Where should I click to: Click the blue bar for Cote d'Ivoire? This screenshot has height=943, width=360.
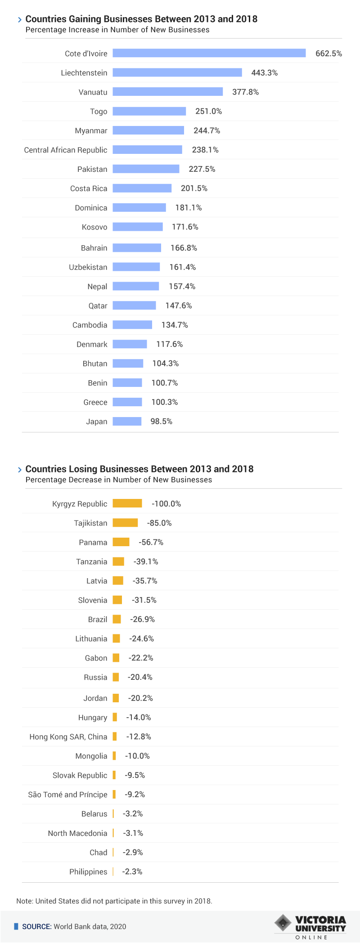pyautogui.click(x=209, y=53)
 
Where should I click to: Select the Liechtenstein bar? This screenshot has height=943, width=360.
pyautogui.click(x=177, y=72)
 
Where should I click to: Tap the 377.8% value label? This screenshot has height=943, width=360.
pyautogui.click(x=245, y=92)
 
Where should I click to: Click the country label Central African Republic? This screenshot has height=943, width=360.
pyautogui.click(x=66, y=150)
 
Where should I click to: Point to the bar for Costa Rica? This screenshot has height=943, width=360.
pyautogui.click(x=142, y=188)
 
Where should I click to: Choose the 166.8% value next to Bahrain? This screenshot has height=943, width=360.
pyautogui.click(x=184, y=248)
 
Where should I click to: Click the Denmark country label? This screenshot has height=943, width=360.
pyautogui.click(x=92, y=344)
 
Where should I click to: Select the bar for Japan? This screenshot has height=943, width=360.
pyautogui.click(x=127, y=421)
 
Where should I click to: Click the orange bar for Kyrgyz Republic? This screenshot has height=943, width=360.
pyautogui.click(x=127, y=503)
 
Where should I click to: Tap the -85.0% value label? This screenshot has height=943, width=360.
pyautogui.click(x=159, y=523)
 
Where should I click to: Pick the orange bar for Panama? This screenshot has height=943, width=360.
pyautogui.click(x=121, y=542)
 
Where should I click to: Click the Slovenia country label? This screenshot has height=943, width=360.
pyautogui.click(x=93, y=600)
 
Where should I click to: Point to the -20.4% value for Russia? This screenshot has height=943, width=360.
pyautogui.click(x=140, y=677)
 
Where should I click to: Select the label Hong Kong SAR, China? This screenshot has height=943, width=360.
pyautogui.click(x=68, y=736)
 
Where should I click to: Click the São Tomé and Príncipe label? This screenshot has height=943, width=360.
pyautogui.click(x=67, y=795)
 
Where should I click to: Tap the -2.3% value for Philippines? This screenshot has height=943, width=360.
pyautogui.click(x=132, y=871)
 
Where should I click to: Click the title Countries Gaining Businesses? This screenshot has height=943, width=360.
pyautogui.click(x=141, y=19)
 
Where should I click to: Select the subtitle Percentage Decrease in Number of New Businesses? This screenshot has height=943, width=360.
pyautogui.click(x=119, y=480)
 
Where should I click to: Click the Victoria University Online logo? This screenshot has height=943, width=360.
pyautogui.click(x=310, y=926)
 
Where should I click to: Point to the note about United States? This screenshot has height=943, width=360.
pyautogui.click(x=114, y=901)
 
